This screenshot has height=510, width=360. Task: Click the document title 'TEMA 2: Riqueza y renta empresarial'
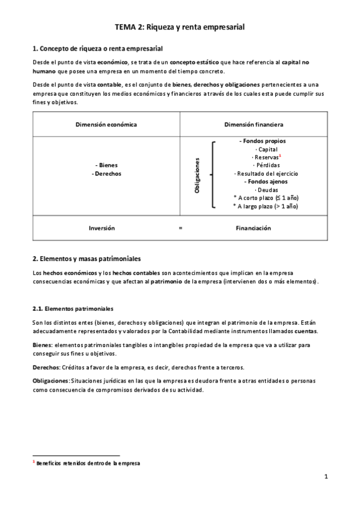tap(180, 27)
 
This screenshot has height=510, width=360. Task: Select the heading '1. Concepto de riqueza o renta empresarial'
tap(97, 48)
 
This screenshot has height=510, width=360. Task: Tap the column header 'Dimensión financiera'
tap(254, 124)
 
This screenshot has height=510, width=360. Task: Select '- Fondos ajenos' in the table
tap(265, 181)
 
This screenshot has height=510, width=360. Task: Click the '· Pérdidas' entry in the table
tap(266, 165)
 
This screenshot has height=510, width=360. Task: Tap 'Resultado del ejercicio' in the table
tap(266, 173)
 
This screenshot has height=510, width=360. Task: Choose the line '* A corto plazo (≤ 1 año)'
tap(265, 197)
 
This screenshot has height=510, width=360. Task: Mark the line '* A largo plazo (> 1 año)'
tap(265, 206)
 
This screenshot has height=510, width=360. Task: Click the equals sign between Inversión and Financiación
tap(180, 229)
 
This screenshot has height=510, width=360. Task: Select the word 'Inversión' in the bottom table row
tap(102, 229)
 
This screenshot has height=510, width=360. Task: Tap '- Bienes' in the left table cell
tap(106, 165)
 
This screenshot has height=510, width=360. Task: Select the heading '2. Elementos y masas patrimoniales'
tap(86, 259)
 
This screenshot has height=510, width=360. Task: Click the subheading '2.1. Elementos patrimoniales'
tap(72, 309)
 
